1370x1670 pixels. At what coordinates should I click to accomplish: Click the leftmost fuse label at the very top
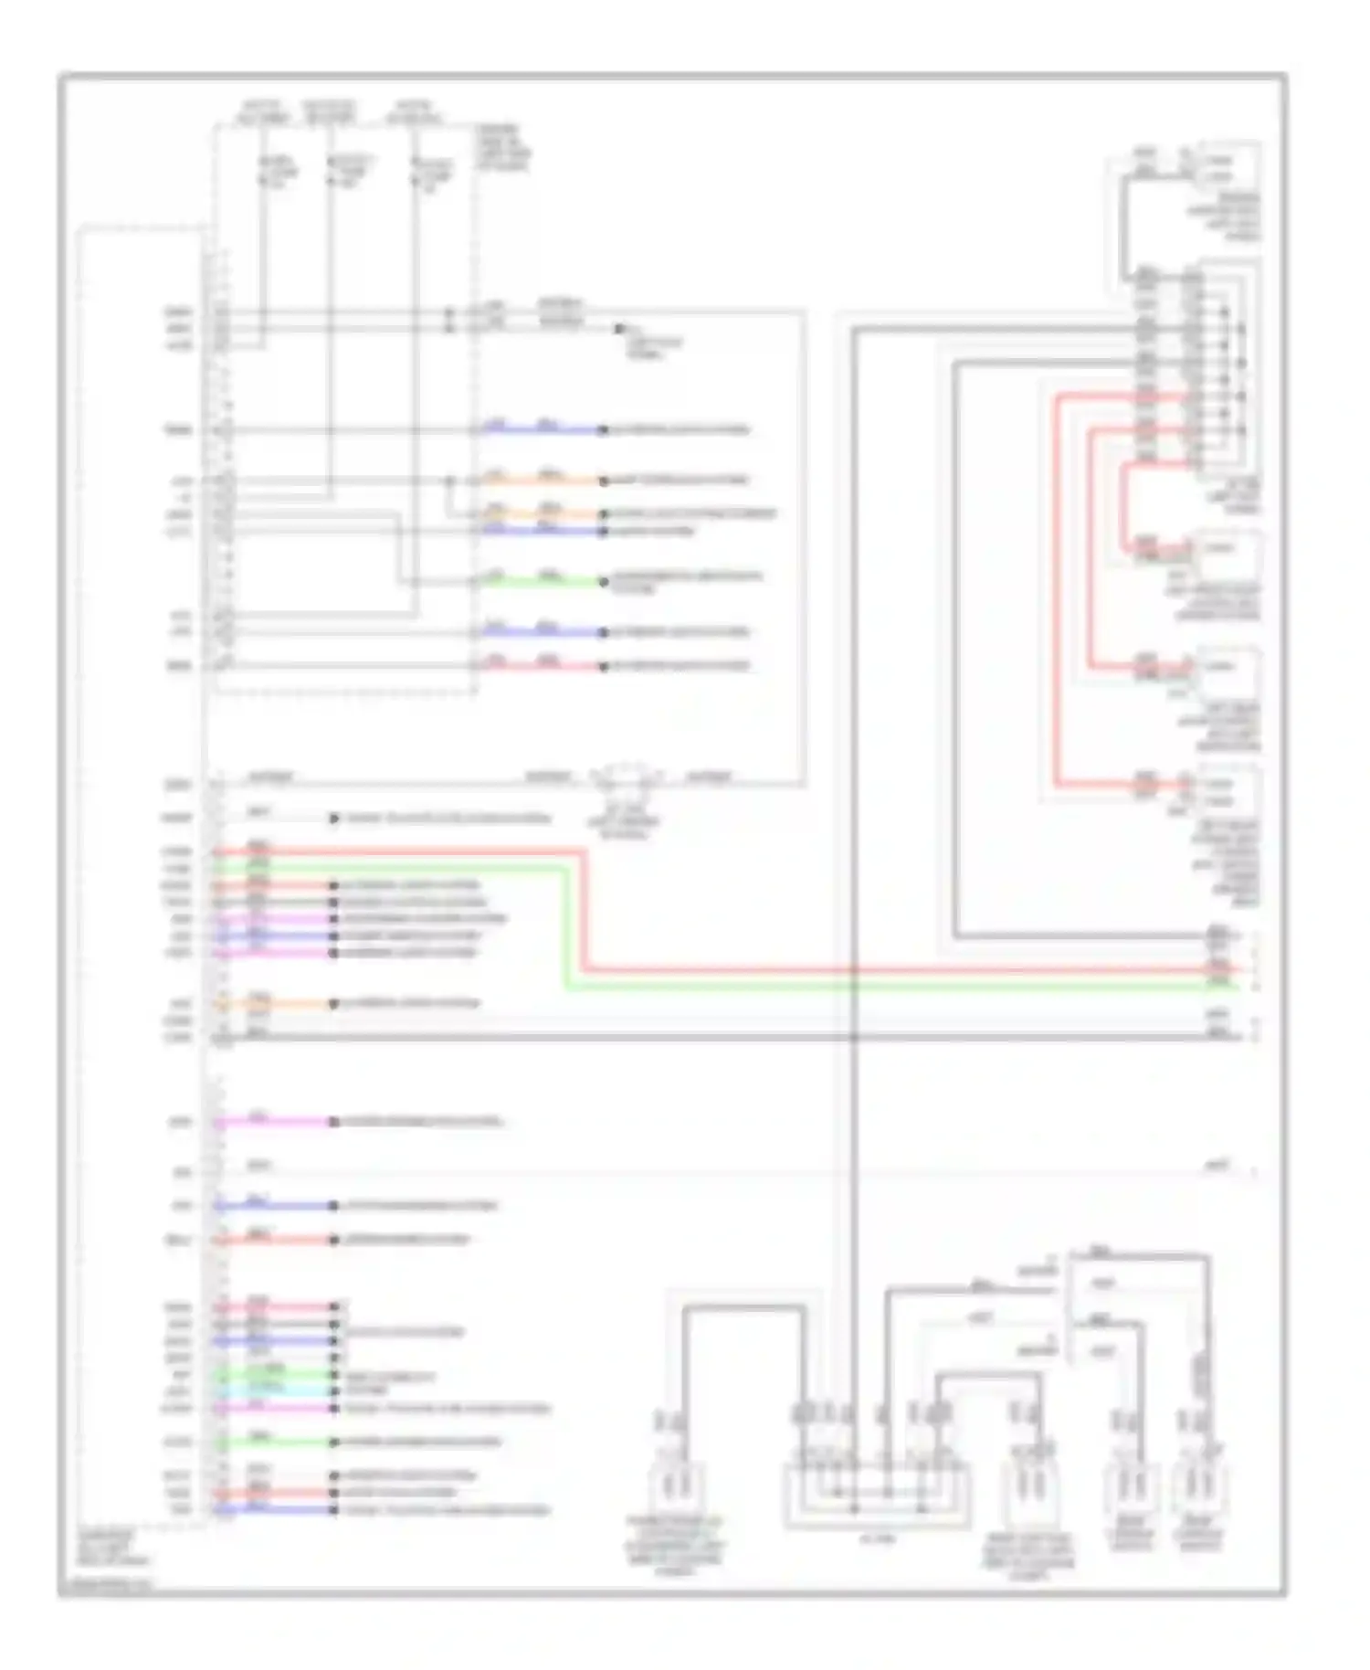(262, 112)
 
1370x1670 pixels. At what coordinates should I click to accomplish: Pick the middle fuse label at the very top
(330, 112)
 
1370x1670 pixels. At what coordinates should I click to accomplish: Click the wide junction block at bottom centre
(876, 1495)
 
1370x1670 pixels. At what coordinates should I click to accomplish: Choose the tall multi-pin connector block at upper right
(1215, 365)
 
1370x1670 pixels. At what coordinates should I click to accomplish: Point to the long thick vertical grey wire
(854, 822)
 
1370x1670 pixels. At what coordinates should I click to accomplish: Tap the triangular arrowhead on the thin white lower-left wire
(334, 819)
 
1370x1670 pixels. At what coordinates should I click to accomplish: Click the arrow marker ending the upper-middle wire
(620, 329)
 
